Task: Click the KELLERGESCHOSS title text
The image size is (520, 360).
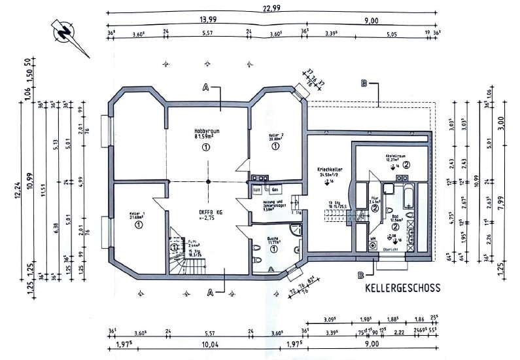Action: click(x=402, y=287)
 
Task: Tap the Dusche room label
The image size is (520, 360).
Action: click(x=273, y=240)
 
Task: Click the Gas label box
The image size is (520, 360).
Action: click(x=275, y=189)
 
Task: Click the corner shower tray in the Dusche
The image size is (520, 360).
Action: click(x=295, y=231)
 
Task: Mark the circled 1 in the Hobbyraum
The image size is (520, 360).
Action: click(x=207, y=148)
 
